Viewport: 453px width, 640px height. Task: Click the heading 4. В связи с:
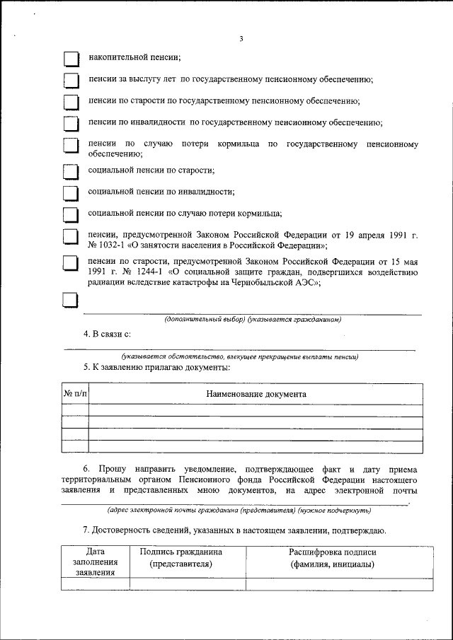pyautogui.click(x=107, y=333)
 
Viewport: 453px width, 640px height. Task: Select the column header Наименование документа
pyautogui.click(x=256, y=393)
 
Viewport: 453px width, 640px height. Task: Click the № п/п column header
pyautogui.click(x=76, y=393)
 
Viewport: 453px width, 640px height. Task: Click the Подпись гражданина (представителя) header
pyautogui.click(x=181, y=558)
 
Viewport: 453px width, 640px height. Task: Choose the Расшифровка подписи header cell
pyautogui.click(x=333, y=558)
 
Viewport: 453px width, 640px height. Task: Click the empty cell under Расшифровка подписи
pyautogui.click(x=333, y=583)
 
